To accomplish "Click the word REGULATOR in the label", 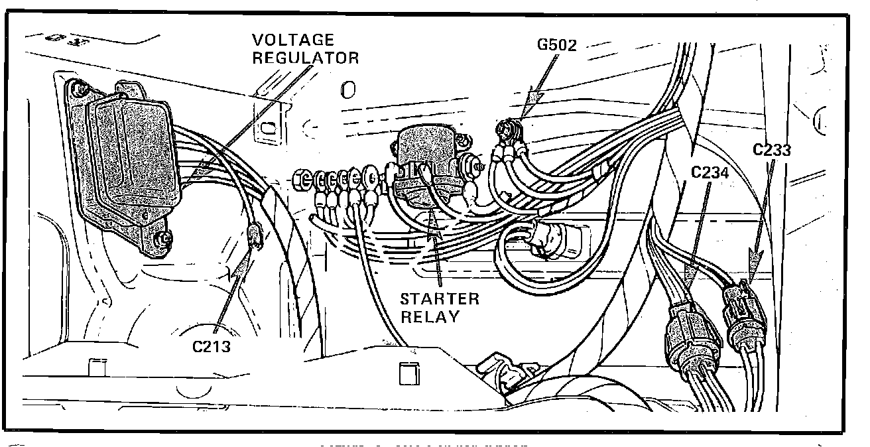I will tap(306, 58).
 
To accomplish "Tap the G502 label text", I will tap(557, 46).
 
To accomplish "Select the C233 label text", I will tap(772, 150).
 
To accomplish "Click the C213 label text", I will tap(212, 346).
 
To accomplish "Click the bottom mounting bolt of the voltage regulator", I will tap(160, 236).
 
